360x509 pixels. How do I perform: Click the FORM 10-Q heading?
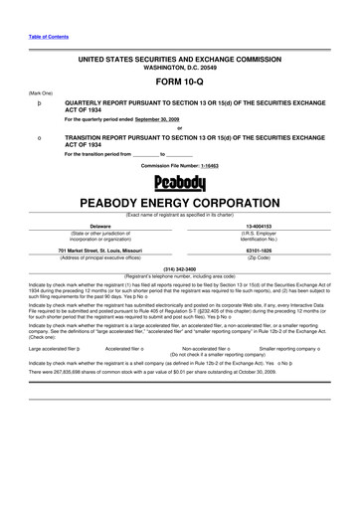[x=180, y=84]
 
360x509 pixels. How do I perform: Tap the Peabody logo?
[x=180, y=184]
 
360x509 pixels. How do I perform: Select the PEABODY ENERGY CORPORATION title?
[x=180, y=202]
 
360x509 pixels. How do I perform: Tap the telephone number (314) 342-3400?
[x=180, y=267]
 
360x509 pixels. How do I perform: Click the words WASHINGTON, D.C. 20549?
[x=180, y=68]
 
